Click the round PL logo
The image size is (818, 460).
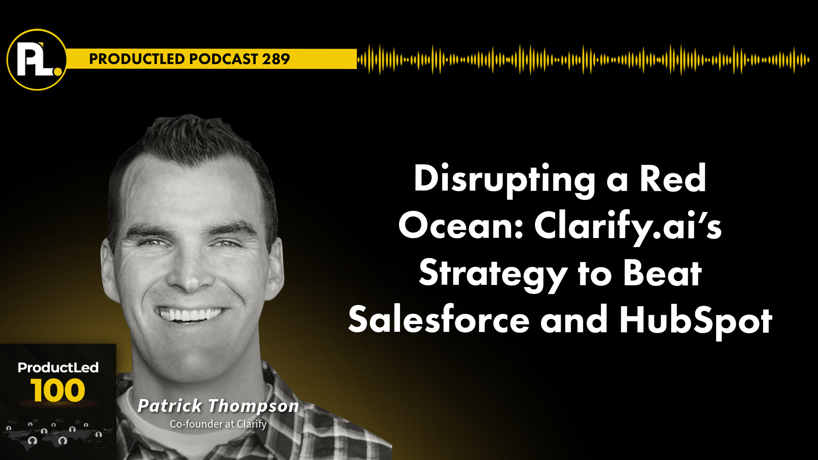[37, 60]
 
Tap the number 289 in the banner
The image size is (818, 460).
[276, 59]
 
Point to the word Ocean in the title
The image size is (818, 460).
[461, 226]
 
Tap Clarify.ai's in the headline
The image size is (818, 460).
[628, 227]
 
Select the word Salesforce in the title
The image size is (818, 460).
[439, 319]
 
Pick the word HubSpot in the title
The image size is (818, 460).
[696, 322]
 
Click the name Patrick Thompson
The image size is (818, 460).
[218, 406]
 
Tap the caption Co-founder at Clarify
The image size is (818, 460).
[218, 424]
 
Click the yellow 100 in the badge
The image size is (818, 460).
[58, 390]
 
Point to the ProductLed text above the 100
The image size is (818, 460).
[58, 367]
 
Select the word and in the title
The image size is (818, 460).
[574, 319]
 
